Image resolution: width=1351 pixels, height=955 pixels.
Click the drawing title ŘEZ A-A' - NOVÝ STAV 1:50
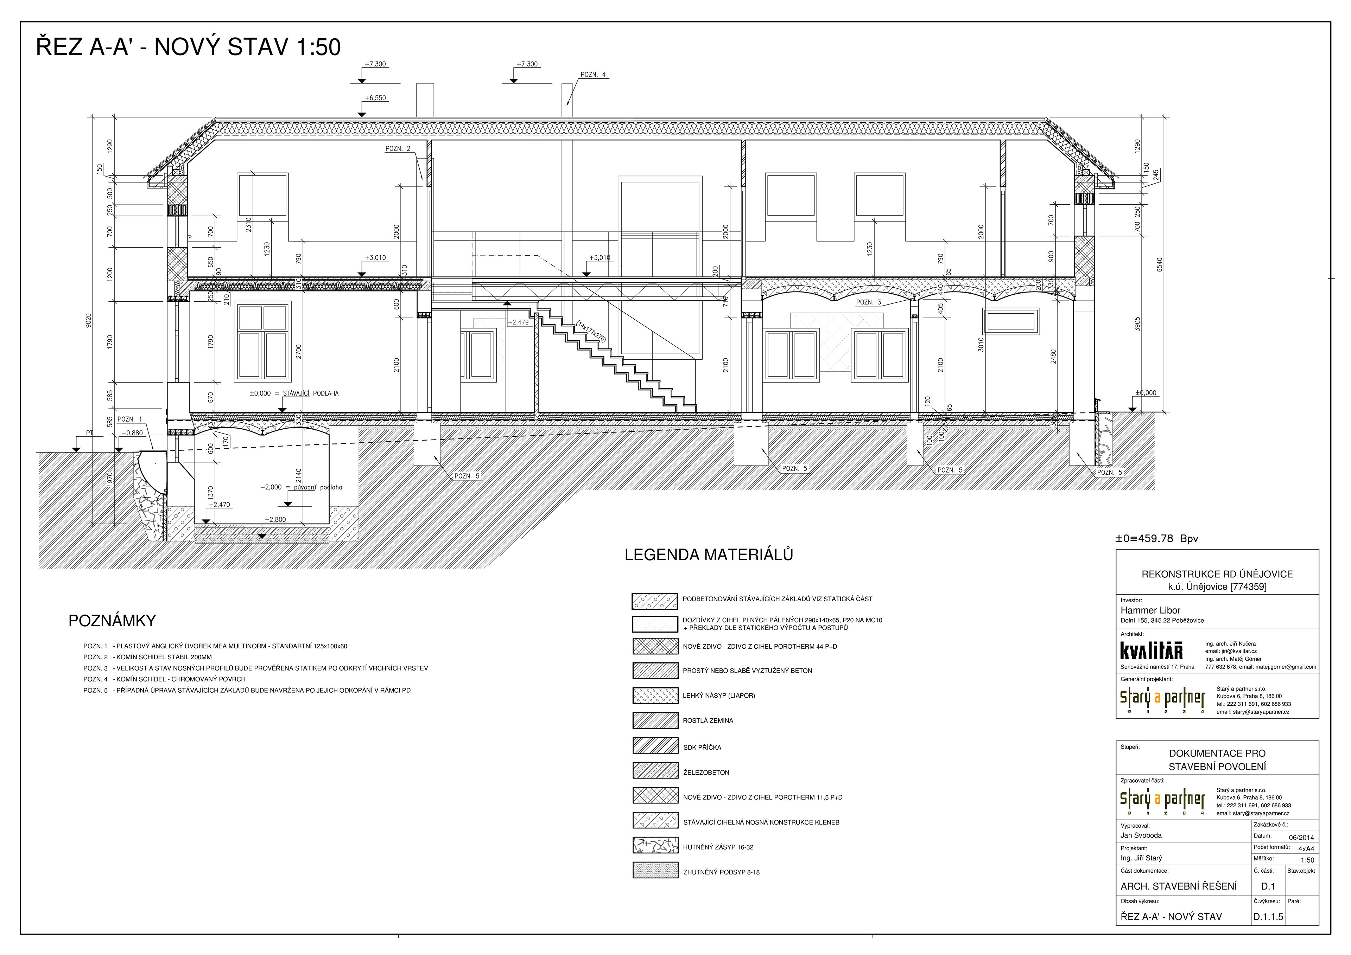tap(188, 47)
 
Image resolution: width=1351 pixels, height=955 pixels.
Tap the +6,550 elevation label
tap(375, 98)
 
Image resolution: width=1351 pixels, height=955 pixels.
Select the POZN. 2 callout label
tap(398, 149)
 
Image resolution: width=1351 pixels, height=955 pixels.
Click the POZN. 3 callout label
tap(869, 302)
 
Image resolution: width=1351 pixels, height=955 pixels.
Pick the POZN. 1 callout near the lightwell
tap(130, 419)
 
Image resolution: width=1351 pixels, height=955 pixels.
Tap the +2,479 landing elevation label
tap(518, 322)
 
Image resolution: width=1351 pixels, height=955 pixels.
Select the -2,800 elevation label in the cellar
tap(275, 520)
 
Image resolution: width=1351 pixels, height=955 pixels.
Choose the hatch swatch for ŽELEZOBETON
tap(655, 770)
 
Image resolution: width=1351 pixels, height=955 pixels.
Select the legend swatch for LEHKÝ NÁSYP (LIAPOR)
tap(655, 696)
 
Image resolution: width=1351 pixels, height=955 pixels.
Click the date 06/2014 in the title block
tap(1301, 838)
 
